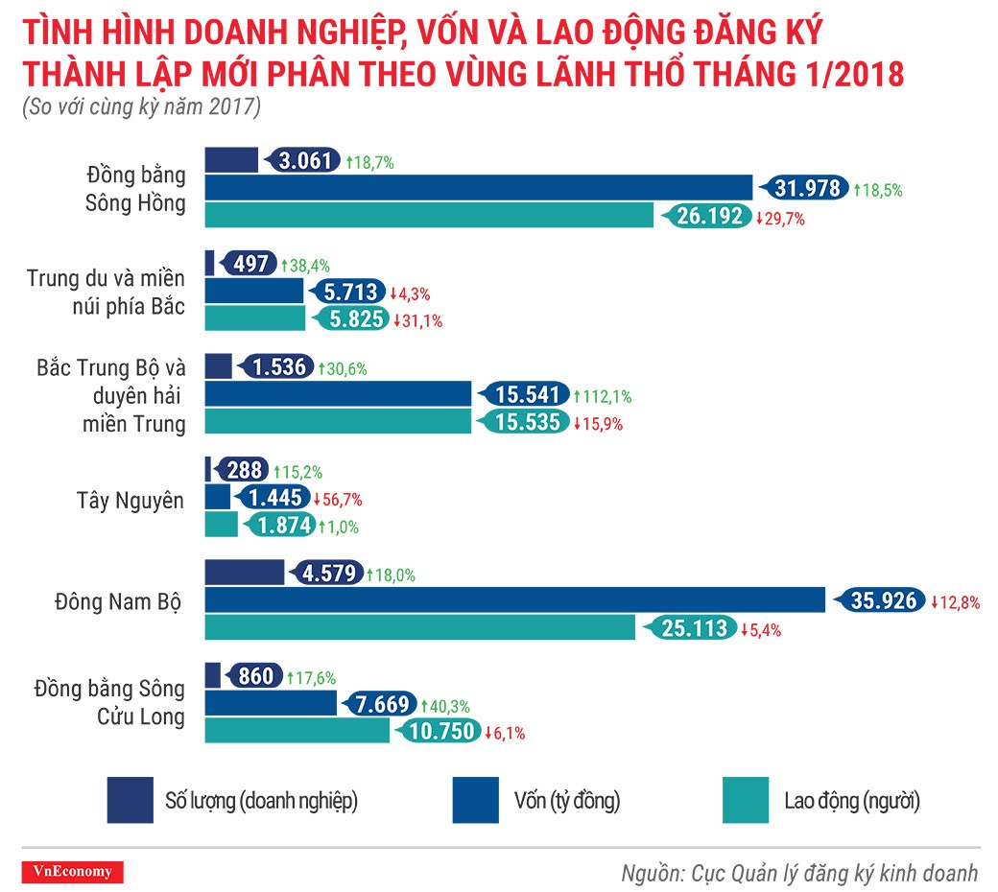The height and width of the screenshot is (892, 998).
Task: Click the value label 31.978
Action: coord(805,188)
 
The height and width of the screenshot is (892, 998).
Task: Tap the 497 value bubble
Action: coord(251,264)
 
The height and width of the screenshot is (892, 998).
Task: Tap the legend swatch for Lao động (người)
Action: coord(745,800)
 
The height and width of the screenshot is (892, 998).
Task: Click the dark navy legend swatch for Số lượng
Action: coord(130,800)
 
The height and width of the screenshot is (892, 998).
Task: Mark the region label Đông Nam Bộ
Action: coord(118,601)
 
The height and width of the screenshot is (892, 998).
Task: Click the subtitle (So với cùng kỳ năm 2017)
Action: coord(141,108)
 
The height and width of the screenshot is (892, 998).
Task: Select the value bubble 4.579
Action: coord(329,574)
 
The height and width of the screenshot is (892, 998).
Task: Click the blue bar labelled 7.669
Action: coord(271,704)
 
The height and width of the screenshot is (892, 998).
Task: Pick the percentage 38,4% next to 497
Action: coord(305,265)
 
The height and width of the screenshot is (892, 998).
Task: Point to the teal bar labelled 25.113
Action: coord(420,627)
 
